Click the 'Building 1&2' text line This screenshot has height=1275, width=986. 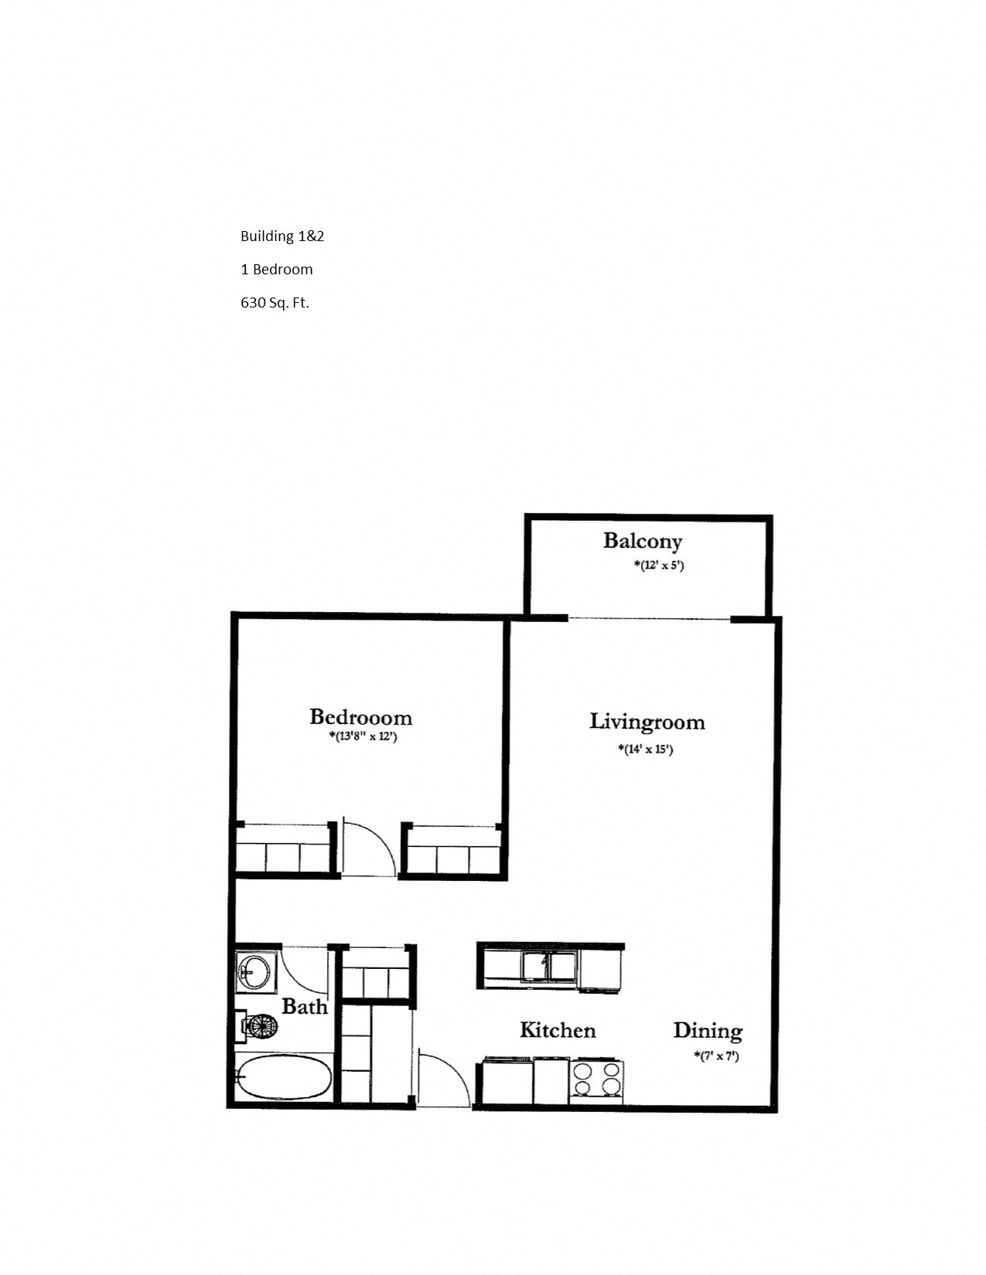(x=282, y=236)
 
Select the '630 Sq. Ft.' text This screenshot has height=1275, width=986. (x=275, y=303)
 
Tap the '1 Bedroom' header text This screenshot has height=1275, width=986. (x=277, y=270)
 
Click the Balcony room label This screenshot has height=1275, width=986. (x=643, y=541)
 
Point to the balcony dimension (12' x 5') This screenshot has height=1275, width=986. (x=659, y=565)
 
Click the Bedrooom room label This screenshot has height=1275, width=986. (x=360, y=717)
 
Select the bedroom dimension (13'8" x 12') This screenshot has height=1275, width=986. (x=363, y=736)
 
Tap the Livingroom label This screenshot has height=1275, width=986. (x=647, y=722)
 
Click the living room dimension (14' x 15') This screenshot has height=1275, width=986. (x=646, y=749)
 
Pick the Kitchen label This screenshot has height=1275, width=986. (x=558, y=1030)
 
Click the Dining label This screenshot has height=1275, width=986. (x=708, y=1030)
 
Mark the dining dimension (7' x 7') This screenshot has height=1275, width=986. (x=716, y=1056)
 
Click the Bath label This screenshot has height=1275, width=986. (x=305, y=1007)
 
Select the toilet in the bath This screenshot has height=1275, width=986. (x=260, y=1026)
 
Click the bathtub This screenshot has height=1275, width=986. (x=283, y=1077)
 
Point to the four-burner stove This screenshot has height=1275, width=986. (x=596, y=1079)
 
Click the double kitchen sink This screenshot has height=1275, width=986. (x=549, y=967)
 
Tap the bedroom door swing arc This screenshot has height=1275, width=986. (x=370, y=848)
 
